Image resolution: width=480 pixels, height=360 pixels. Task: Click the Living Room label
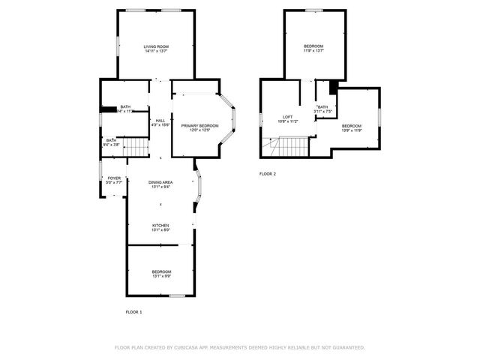click(x=156, y=47)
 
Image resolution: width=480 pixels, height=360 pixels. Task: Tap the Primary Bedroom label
click(x=199, y=125)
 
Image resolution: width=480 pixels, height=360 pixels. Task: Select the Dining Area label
click(x=160, y=182)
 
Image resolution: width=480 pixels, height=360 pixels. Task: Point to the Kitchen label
click(x=160, y=225)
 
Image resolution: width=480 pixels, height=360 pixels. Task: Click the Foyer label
click(x=114, y=178)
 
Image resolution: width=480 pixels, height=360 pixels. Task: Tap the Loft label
click(x=287, y=116)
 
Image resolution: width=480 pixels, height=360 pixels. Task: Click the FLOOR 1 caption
click(x=133, y=311)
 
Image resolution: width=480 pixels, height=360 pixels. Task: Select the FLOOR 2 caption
click(x=268, y=174)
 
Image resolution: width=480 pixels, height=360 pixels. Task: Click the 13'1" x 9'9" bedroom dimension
click(x=161, y=276)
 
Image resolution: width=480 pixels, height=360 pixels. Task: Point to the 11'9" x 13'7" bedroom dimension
click(x=313, y=51)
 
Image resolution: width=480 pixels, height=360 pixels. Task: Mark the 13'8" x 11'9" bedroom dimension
click(x=352, y=130)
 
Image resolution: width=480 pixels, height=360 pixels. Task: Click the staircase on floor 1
click(x=136, y=148)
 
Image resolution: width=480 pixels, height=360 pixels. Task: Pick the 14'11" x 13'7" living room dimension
click(x=156, y=52)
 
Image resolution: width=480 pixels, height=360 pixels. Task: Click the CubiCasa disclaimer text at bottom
click(x=240, y=348)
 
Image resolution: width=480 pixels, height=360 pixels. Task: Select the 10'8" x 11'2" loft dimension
click(x=287, y=121)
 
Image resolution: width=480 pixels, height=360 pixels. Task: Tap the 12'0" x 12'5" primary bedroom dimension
click(x=199, y=130)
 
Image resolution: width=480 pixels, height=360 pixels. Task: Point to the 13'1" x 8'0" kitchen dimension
click(x=160, y=229)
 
